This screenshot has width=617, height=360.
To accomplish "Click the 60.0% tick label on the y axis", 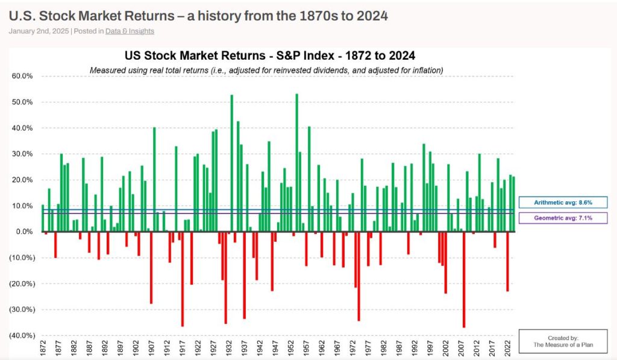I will pyautogui.click(x=23, y=77).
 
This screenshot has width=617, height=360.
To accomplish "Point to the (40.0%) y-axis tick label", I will pyautogui.click(x=22, y=336).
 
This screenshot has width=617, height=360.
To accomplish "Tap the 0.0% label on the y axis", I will pyautogui.click(x=25, y=232).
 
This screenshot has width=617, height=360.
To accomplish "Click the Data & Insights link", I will pyautogui.click(x=130, y=31).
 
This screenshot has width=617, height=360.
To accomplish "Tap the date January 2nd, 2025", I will pyautogui.click(x=38, y=31).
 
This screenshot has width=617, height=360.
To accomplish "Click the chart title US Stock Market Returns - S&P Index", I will pyautogui.click(x=269, y=56).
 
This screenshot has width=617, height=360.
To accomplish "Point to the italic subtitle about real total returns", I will pyautogui.click(x=266, y=71).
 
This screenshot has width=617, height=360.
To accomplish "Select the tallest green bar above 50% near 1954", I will pyautogui.click(x=296, y=163).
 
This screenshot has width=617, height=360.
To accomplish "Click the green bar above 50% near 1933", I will pyautogui.click(x=232, y=163).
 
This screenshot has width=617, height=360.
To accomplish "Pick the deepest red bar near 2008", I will pyautogui.click(x=464, y=280).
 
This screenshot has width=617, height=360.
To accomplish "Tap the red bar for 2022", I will pyautogui.click(x=507, y=262).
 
